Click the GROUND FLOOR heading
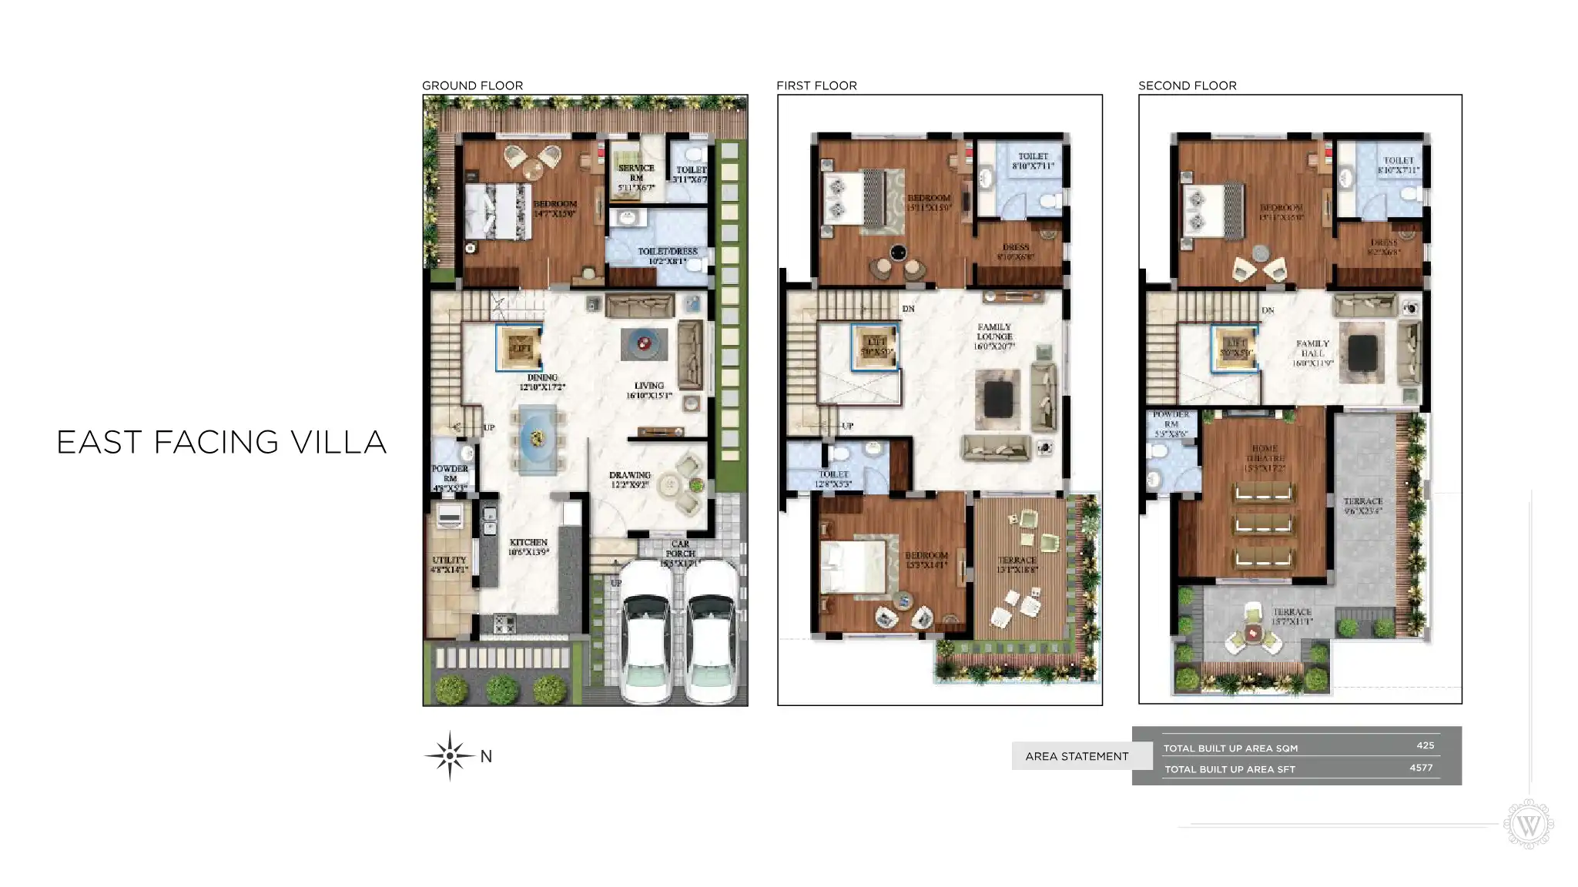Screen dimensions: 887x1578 click(472, 85)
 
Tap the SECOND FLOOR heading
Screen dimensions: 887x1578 click(1187, 85)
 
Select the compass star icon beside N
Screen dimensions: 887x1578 click(450, 756)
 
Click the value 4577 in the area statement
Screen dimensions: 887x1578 click(1421, 768)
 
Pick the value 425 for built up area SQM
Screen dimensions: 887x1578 click(1425, 745)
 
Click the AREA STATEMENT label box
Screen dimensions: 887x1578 click(1077, 756)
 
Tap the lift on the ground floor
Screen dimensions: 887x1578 click(521, 348)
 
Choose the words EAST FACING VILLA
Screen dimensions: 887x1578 click(222, 442)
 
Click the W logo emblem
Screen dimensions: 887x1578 click(1529, 825)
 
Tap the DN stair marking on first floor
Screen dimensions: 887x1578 click(909, 309)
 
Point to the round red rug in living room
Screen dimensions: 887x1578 click(643, 343)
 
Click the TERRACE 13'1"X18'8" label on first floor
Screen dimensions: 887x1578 click(1017, 564)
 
